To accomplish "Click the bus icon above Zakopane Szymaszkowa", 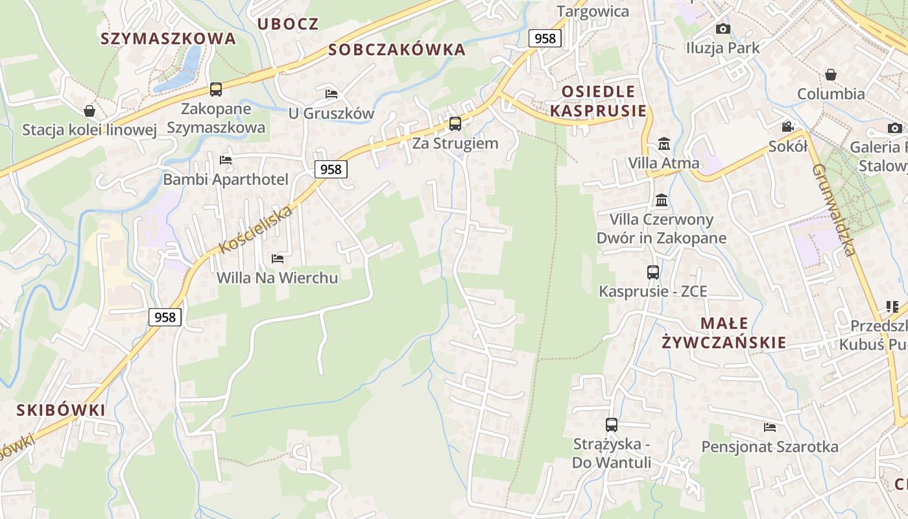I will point(216,90).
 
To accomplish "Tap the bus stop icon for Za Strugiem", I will point(455,123).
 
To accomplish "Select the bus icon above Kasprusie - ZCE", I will point(652,272).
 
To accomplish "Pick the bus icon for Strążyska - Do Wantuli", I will point(611,425).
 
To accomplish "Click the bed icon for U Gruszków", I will point(331,93).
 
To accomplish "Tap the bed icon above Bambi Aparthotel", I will point(226,160).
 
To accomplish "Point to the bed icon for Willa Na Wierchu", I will point(278,259).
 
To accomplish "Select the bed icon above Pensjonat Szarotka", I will point(770,427).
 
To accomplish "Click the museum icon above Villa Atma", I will point(663,143).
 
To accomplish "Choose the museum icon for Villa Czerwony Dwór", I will point(662,200).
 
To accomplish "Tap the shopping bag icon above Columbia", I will point(831,75).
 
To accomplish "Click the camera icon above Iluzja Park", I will point(723,29).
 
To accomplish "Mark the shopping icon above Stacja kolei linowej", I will point(90,111).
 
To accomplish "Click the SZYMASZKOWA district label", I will point(168,38).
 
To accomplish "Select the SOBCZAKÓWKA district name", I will point(397,49).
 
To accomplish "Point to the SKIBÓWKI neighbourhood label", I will point(61,410).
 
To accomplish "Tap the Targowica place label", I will point(593,11).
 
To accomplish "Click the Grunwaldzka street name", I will point(835,209).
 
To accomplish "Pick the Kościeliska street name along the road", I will point(256,230).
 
